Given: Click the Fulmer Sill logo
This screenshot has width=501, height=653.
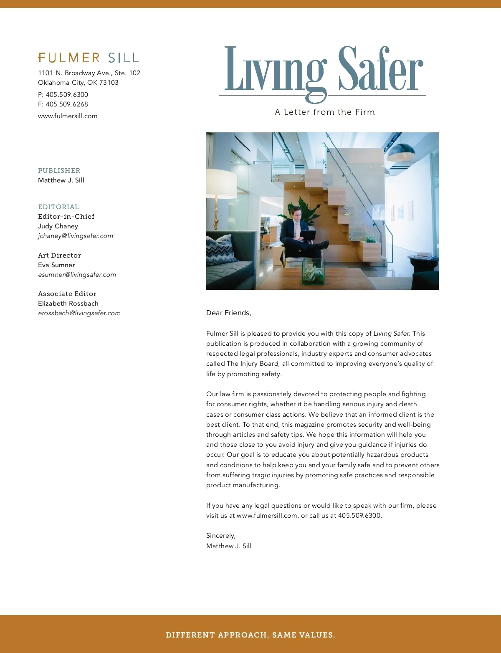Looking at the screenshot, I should [x=88, y=58].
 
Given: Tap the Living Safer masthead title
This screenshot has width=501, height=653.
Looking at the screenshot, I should [x=324, y=70].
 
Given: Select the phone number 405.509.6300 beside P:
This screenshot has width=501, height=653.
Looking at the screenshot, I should [x=67, y=95].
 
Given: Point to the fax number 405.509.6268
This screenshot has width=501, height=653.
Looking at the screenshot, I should [x=67, y=104].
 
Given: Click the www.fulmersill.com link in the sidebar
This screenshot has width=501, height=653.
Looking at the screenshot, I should [x=68, y=116].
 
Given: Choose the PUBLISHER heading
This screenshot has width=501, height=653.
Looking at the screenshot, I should [x=59, y=170].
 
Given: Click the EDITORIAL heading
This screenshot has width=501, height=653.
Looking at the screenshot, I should [x=58, y=207].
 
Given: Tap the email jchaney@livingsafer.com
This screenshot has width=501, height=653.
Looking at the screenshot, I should [x=76, y=236].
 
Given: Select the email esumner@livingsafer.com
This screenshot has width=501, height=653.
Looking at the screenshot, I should [x=77, y=275].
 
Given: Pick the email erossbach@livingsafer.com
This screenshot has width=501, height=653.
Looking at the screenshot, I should [x=79, y=313].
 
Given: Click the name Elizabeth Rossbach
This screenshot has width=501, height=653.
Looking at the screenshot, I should [x=68, y=304].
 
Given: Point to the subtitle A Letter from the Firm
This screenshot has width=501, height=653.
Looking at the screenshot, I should [x=325, y=112].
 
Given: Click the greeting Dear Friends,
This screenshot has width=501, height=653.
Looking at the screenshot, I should [x=229, y=313].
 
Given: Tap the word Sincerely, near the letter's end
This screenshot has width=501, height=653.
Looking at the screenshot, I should [x=221, y=536].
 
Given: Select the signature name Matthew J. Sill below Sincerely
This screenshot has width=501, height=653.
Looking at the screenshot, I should [x=229, y=546].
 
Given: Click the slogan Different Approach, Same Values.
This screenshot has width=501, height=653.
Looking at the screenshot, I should [x=250, y=635].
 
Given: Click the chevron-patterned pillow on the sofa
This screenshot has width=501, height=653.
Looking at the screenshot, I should [x=220, y=250].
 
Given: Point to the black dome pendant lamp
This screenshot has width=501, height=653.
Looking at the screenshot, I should [x=401, y=152].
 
